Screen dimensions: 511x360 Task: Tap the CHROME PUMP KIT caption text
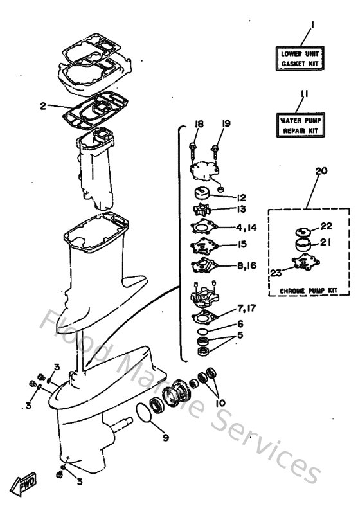point(309,291)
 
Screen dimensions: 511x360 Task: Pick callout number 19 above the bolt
point(226,123)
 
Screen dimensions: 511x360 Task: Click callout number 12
point(241,197)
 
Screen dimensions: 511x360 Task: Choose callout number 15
point(242,245)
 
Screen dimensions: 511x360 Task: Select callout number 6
point(240,325)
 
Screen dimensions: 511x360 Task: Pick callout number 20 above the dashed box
point(321,171)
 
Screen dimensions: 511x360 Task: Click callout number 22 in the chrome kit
point(327,226)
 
